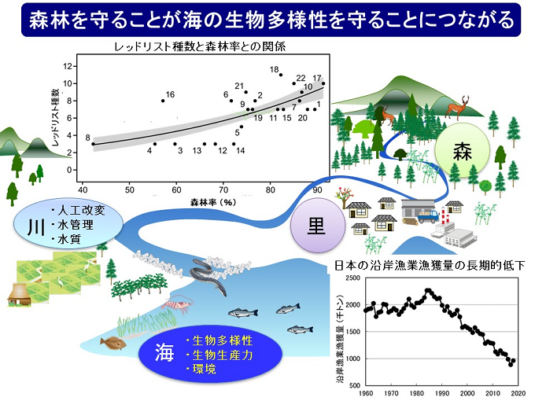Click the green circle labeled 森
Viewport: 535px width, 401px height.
(460, 152)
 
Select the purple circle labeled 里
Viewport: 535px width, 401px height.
(316, 223)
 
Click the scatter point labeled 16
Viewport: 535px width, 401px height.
(163, 101)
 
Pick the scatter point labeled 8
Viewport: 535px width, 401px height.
(93, 144)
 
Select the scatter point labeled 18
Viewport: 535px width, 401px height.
(281, 75)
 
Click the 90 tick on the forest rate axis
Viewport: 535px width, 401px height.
(318, 189)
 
